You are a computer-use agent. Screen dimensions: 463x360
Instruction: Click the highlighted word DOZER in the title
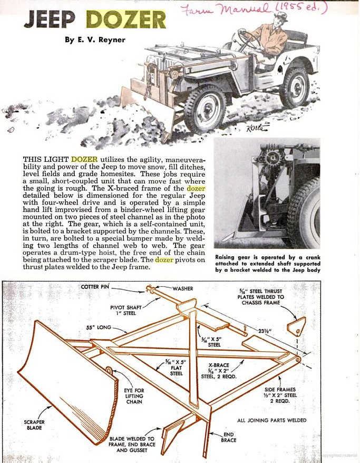click(125, 20)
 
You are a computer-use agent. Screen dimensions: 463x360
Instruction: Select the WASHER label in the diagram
click(182, 288)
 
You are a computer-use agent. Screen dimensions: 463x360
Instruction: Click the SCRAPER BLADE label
click(34, 426)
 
